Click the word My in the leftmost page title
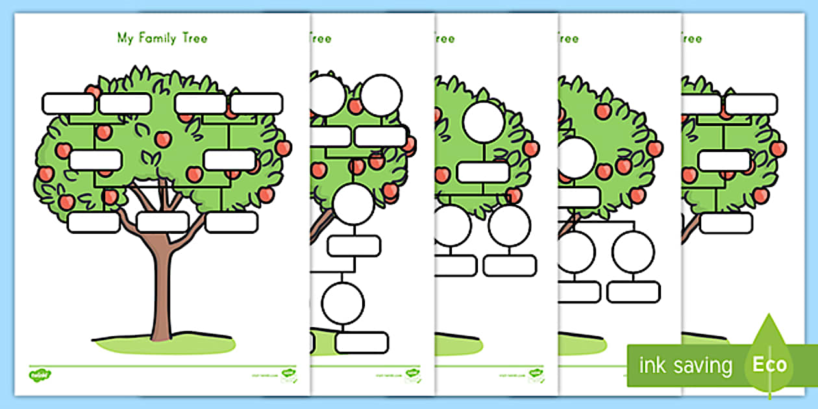point(124,38)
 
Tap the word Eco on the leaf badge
point(769,364)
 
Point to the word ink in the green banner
point(651,365)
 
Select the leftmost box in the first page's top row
point(68,104)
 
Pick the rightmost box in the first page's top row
point(256,104)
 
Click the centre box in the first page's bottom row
point(162,222)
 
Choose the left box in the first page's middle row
point(95,160)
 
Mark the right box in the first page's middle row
point(229,160)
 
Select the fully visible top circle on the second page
point(382,95)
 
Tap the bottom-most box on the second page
point(362,343)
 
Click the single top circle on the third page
point(484,122)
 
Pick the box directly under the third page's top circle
point(483,172)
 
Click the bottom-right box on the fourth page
point(633,291)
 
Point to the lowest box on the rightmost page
point(726,223)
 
